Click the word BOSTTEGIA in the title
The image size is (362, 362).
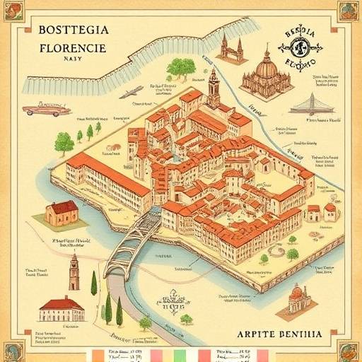74,30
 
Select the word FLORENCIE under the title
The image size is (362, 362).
73,49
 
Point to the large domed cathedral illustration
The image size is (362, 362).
267,76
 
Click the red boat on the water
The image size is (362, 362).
47,110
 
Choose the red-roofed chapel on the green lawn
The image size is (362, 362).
62,212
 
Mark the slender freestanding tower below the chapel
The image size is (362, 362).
74,271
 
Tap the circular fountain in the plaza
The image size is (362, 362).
276,251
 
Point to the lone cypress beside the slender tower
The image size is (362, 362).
93,282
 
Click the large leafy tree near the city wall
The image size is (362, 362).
182,68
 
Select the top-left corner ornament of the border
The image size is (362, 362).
13,11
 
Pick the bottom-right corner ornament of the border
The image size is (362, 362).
348,350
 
